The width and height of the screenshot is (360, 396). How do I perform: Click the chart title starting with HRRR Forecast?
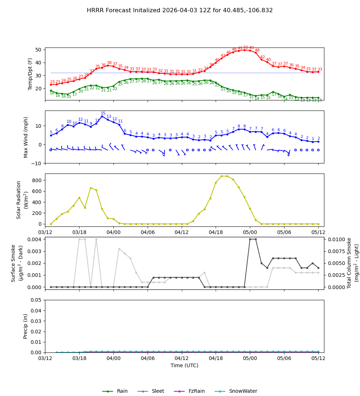pos(180,10)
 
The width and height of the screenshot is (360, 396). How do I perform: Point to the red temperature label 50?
pos(246,48)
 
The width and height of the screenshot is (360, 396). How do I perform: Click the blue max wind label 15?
pos(103,113)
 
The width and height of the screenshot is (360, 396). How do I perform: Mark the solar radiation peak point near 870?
pos(221,176)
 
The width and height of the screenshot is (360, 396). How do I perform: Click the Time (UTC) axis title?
pos(184,365)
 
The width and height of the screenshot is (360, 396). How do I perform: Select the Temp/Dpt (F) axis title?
pos(30,74)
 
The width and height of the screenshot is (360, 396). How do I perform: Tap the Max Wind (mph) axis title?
pos(26,137)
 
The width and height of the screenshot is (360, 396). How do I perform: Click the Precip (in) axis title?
pos(26,326)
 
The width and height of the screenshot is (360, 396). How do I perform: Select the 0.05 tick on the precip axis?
pos(36,300)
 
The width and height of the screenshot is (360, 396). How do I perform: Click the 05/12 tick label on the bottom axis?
pos(318,358)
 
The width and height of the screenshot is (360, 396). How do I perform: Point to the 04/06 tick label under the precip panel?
pos(148,358)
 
